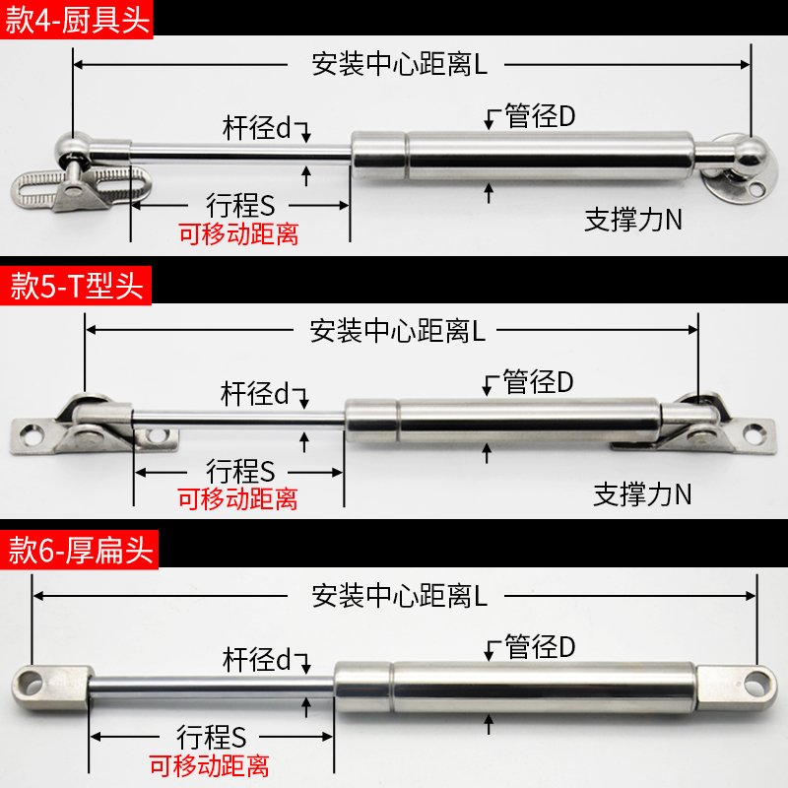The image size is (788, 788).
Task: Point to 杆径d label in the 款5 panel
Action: point(255,394)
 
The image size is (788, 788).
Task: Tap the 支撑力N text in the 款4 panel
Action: point(633,219)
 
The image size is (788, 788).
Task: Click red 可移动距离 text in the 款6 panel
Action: point(209,765)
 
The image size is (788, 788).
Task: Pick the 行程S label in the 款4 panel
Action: point(239,205)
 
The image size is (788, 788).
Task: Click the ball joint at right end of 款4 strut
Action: point(746,153)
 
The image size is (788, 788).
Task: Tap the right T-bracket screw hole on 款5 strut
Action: point(757,429)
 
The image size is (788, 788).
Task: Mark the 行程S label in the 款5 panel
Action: point(240,470)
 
